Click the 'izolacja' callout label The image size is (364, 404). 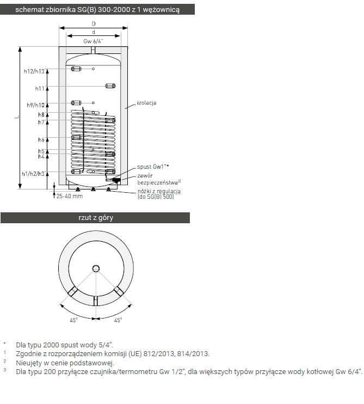tap(147, 103)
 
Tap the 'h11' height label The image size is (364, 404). tap(40, 89)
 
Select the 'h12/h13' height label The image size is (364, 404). tap(34, 71)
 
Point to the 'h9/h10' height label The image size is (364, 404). tap(36, 105)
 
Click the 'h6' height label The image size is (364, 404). tap(41, 139)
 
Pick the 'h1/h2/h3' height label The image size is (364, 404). tap(33, 174)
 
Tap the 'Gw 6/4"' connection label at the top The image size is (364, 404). tap(93, 41)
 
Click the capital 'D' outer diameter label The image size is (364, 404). tap(94, 24)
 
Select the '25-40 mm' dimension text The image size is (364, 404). tap(70, 197)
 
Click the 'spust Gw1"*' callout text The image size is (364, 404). tap(153, 167)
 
